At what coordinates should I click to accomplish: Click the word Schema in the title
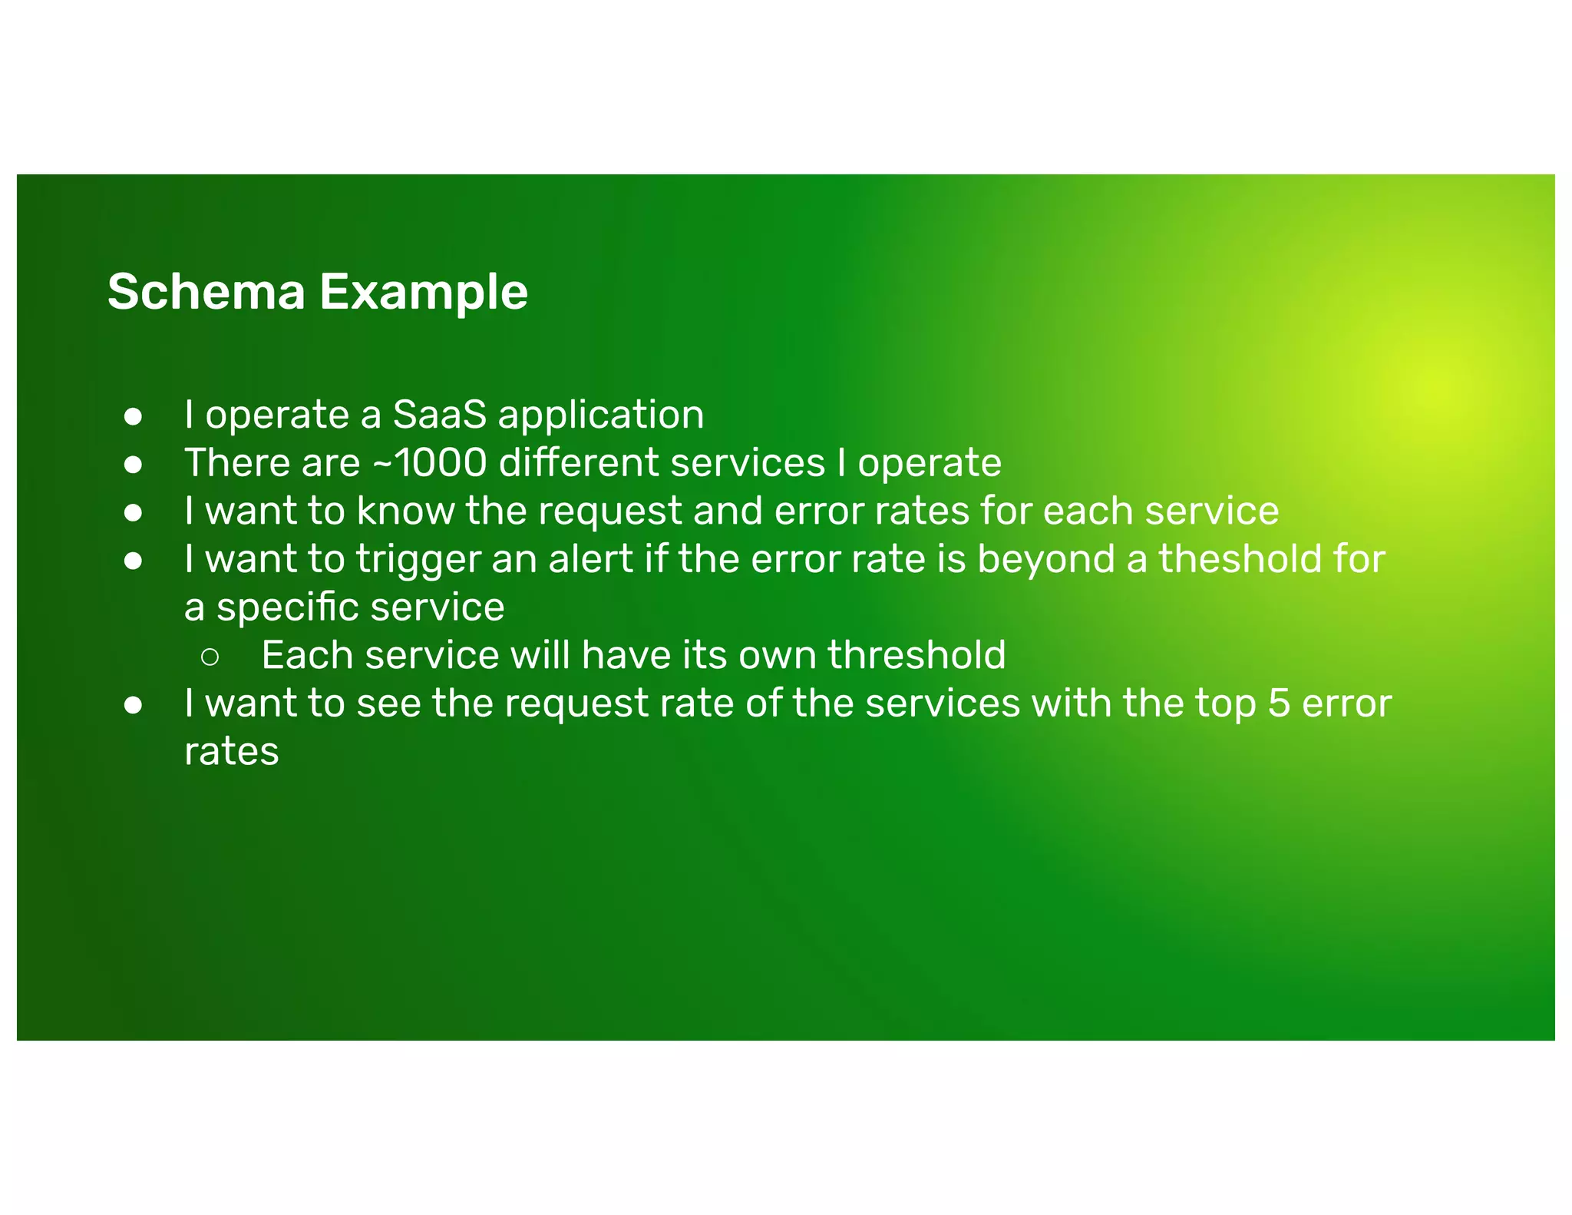tap(206, 293)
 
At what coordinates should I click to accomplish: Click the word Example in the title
tap(423, 293)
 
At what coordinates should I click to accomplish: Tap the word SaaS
tap(440, 415)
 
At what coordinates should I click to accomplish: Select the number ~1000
tap(430, 463)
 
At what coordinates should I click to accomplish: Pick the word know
tap(405, 511)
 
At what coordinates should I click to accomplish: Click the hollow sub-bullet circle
tap(210, 657)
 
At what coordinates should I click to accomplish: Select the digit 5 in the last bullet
tap(1279, 704)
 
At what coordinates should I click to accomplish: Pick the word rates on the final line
tap(232, 752)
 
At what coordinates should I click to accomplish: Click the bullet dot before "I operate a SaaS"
tap(133, 416)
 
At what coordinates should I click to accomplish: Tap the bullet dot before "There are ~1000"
tap(133, 465)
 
